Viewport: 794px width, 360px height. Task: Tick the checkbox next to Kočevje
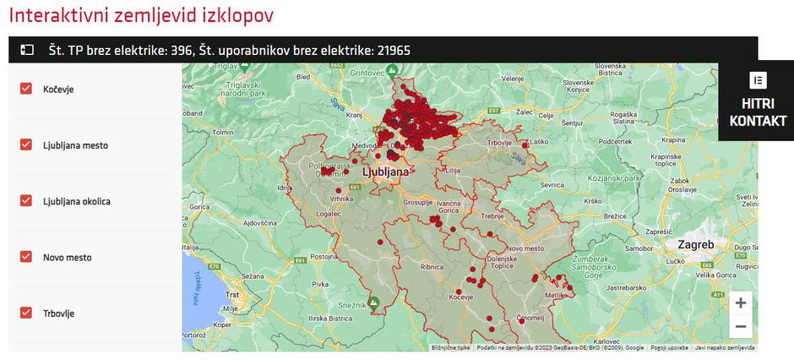(x=26, y=89)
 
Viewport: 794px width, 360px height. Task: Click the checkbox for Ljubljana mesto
(x=26, y=145)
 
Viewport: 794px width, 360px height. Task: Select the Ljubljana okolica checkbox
(x=26, y=201)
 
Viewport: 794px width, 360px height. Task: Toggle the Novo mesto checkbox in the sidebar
(x=26, y=257)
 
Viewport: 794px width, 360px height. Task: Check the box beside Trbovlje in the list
(x=26, y=313)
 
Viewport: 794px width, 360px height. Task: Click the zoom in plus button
(x=740, y=303)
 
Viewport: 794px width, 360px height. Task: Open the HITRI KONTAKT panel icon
(x=758, y=81)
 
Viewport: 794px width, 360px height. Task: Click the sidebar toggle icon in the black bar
(x=27, y=50)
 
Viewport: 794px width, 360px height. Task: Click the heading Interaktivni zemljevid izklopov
(x=141, y=16)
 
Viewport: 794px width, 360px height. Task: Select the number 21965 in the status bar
(x=393, y=50)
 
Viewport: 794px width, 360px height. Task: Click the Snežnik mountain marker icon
(x=373, y=301)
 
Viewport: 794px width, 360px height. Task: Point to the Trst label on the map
(x=232, y=293)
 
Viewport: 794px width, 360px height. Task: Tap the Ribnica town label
(x=432, y=267)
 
